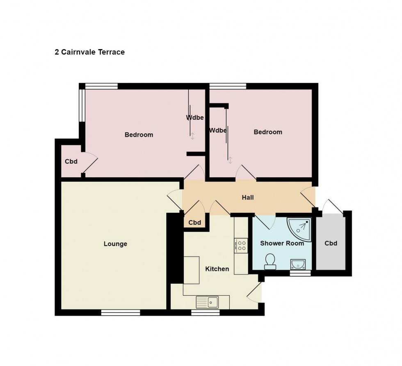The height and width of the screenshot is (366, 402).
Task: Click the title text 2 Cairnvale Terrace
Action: [89, 52]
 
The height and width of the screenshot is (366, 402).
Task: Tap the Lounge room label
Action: [115, 244]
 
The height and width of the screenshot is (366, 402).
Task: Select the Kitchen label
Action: [217, 269]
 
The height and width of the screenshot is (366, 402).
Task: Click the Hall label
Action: [248, 197]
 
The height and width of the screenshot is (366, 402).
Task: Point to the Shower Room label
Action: [282, 243]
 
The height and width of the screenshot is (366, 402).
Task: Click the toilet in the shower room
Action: [270, 262]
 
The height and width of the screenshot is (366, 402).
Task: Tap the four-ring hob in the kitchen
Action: [242, 246]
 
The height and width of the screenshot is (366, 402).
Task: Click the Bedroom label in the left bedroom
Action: [139, 135]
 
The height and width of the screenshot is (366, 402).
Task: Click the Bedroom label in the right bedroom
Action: [268, 132]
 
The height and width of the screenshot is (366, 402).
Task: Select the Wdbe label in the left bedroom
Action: [195, 117]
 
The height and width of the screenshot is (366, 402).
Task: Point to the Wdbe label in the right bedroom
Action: [218, 131]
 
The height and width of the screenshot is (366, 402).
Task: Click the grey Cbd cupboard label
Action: [331, 243]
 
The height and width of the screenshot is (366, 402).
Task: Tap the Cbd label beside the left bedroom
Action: [71, 161]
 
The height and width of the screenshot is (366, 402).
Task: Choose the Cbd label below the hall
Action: [194, 223]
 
